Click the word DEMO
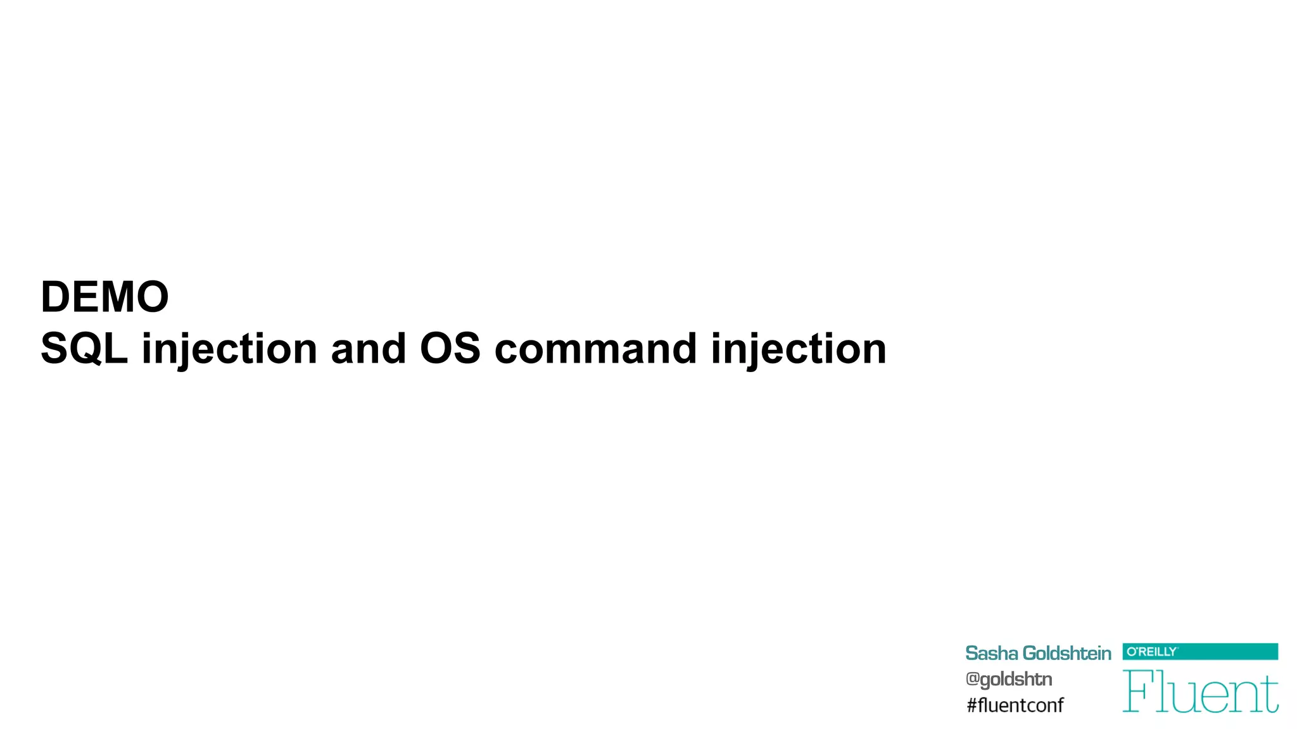click(x=104, y=297)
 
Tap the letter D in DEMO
click(x=55, y=297)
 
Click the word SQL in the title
click(x=84, y=349)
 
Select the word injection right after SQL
click(x=229, y=349)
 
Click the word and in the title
click(x=368, y=349)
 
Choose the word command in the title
click(x=595, y=349)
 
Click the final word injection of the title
click(x=798, y=349)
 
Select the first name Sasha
click(x=991, y=653)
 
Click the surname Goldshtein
click(x=1066, y=653)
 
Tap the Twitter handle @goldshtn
click(x=1009, y=680)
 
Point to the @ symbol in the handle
click(x=973, y=680)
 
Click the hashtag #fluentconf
click(x=1015, y=705)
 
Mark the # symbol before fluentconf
click(x=972, y=705)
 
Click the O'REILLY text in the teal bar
click(x=1151, y=651)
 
